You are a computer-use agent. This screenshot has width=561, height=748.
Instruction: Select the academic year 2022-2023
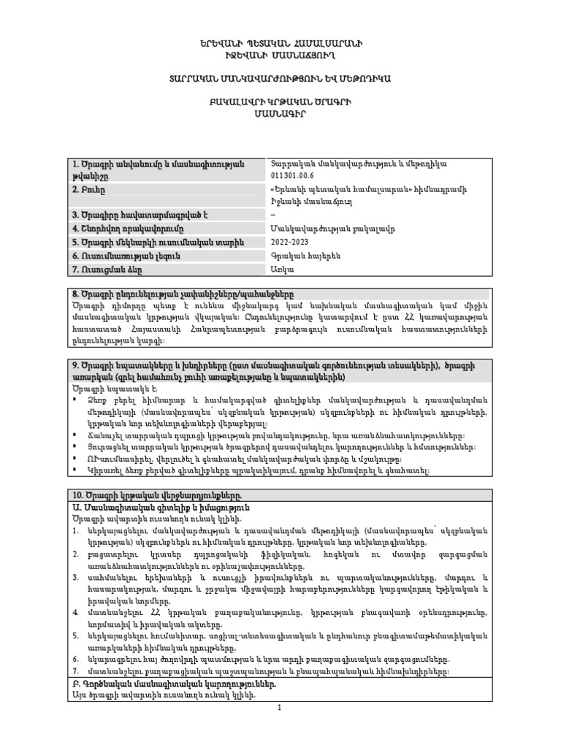(291, 241)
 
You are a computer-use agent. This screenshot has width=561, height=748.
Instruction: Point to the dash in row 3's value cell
(272, 214)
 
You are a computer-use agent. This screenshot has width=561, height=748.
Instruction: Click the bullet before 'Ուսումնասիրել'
(76, 459)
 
